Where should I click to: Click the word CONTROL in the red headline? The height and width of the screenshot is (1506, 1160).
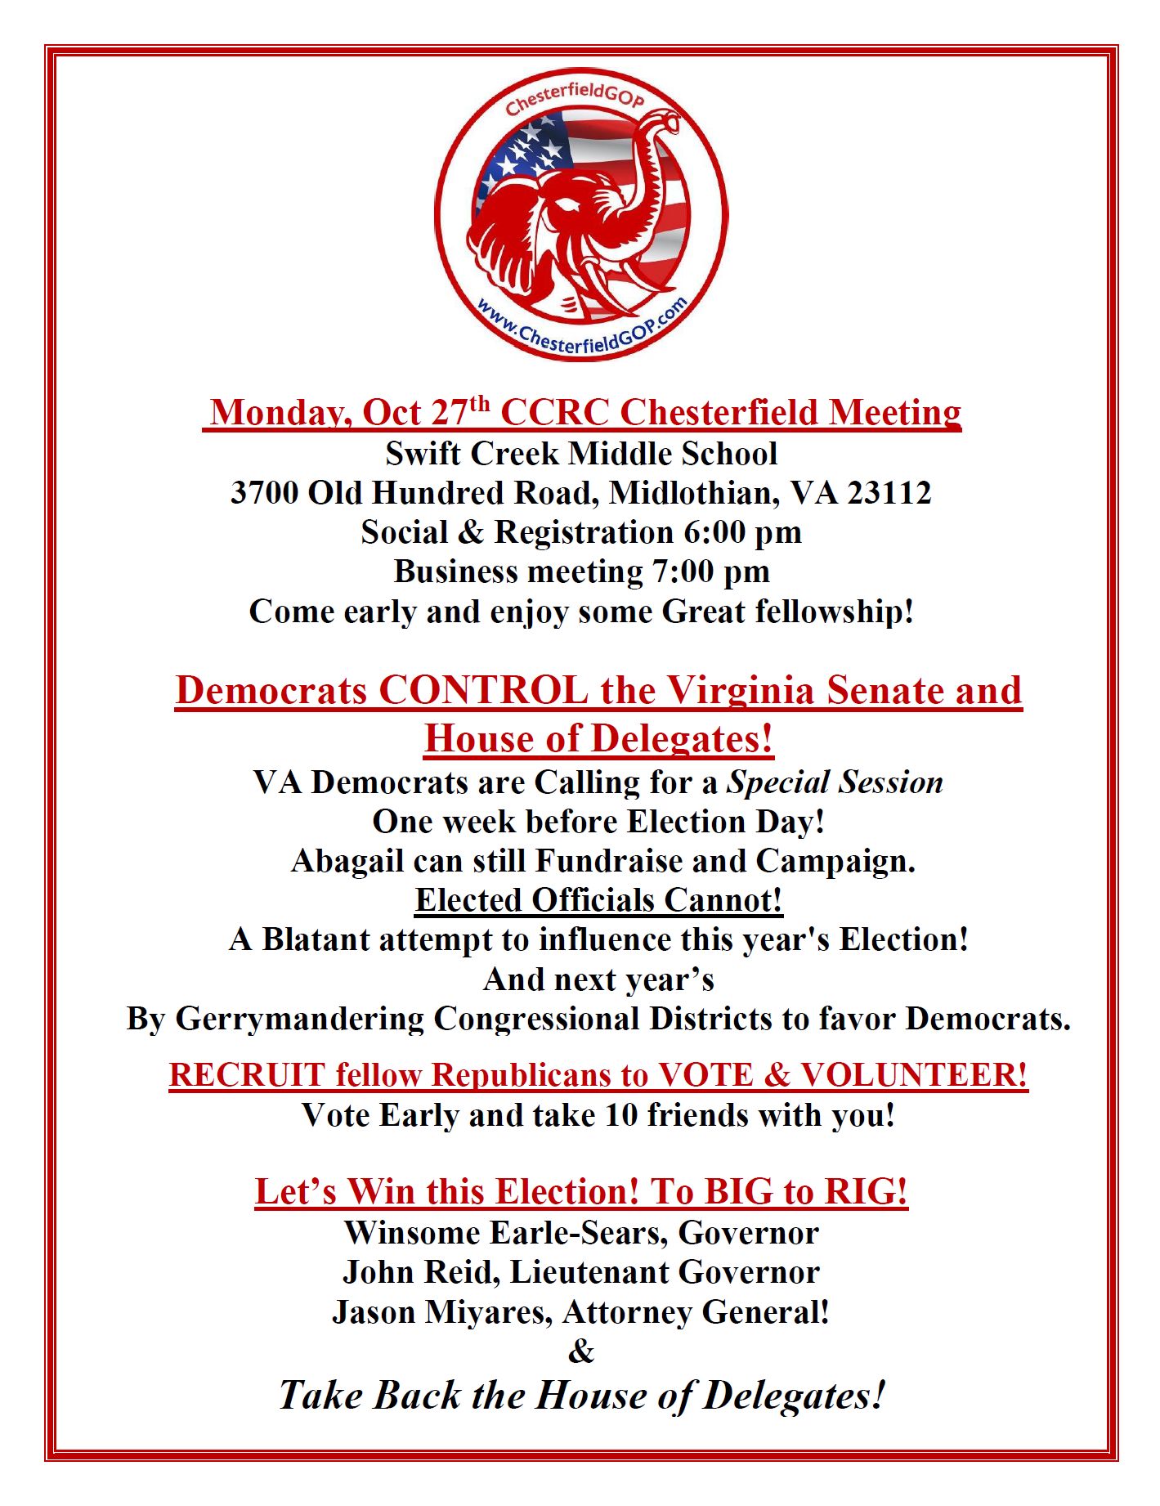click(483, 691)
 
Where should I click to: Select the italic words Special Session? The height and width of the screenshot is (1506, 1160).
click(835, 782)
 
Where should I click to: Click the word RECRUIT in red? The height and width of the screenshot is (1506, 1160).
click(248, 1075)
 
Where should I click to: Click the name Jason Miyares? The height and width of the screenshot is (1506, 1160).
click(441, 1313)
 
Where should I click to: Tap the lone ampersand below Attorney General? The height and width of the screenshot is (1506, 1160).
click(581, 1351)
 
